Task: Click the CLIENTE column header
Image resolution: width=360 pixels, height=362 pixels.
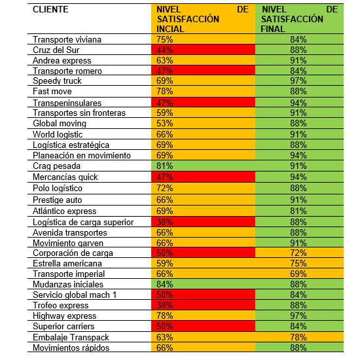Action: click(50, 9)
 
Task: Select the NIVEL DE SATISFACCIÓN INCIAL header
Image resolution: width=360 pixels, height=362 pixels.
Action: click(202, 19)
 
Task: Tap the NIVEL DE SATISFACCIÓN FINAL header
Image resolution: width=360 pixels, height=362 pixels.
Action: click(300, 19)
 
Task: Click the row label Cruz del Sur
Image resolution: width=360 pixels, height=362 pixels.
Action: click(56, 50)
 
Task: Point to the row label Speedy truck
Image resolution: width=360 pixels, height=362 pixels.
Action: click(57, 81)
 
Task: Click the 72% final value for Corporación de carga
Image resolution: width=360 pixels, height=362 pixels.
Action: click(298, 253)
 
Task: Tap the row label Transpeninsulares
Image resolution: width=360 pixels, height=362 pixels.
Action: click(67, 103)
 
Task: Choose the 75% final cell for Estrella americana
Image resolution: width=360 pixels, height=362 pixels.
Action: click(298, 263)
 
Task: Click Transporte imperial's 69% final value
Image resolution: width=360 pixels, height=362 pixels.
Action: click(298, 274)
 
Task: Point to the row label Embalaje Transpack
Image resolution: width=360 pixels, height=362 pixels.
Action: click(71, 338)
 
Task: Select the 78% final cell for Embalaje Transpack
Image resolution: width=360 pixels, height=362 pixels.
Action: click(298, 337)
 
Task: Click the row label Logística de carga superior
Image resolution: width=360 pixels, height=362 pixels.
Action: click(83, 223)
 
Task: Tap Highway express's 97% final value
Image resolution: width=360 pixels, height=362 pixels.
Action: click(298, 316)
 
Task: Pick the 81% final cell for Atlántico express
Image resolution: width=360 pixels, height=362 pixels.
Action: click(298, 211)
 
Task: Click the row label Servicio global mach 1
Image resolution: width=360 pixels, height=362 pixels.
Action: click(75, 295)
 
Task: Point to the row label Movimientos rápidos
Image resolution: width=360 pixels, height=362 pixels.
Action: click(71, 348)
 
